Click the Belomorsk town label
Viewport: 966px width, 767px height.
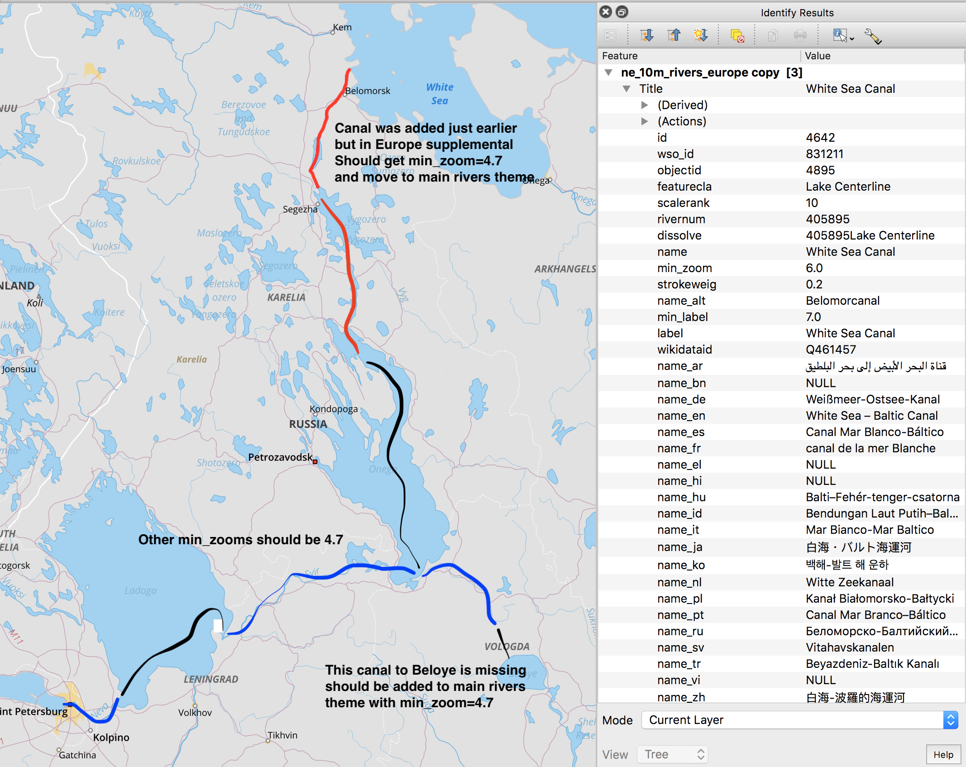click(367, 91)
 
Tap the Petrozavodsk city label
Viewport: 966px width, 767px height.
click(280, 457)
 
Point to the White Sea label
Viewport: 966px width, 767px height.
click(440, 94)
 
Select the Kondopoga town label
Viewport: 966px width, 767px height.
click(334, 409)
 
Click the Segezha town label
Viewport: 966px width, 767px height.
click(300, 209)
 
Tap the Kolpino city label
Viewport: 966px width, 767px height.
click(111, 738)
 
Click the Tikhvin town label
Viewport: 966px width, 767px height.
click(282, 735)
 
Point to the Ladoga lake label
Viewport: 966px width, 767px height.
click(140, 590)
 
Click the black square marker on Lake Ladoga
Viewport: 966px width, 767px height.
click(218, 626)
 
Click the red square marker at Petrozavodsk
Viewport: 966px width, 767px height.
click(315, 462)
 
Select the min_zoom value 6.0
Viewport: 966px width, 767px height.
click(814, 268)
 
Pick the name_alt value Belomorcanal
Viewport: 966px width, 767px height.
click(842, 301)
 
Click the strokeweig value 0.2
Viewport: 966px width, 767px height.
click(814, 284)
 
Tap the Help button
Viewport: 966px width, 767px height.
click(943, 755)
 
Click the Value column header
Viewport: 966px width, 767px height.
click(818, 56)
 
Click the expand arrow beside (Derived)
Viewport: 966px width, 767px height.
click(645, 105)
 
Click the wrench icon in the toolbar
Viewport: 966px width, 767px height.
click(872, 36)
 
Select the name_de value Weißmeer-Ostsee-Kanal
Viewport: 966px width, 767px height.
click(872, 399)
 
